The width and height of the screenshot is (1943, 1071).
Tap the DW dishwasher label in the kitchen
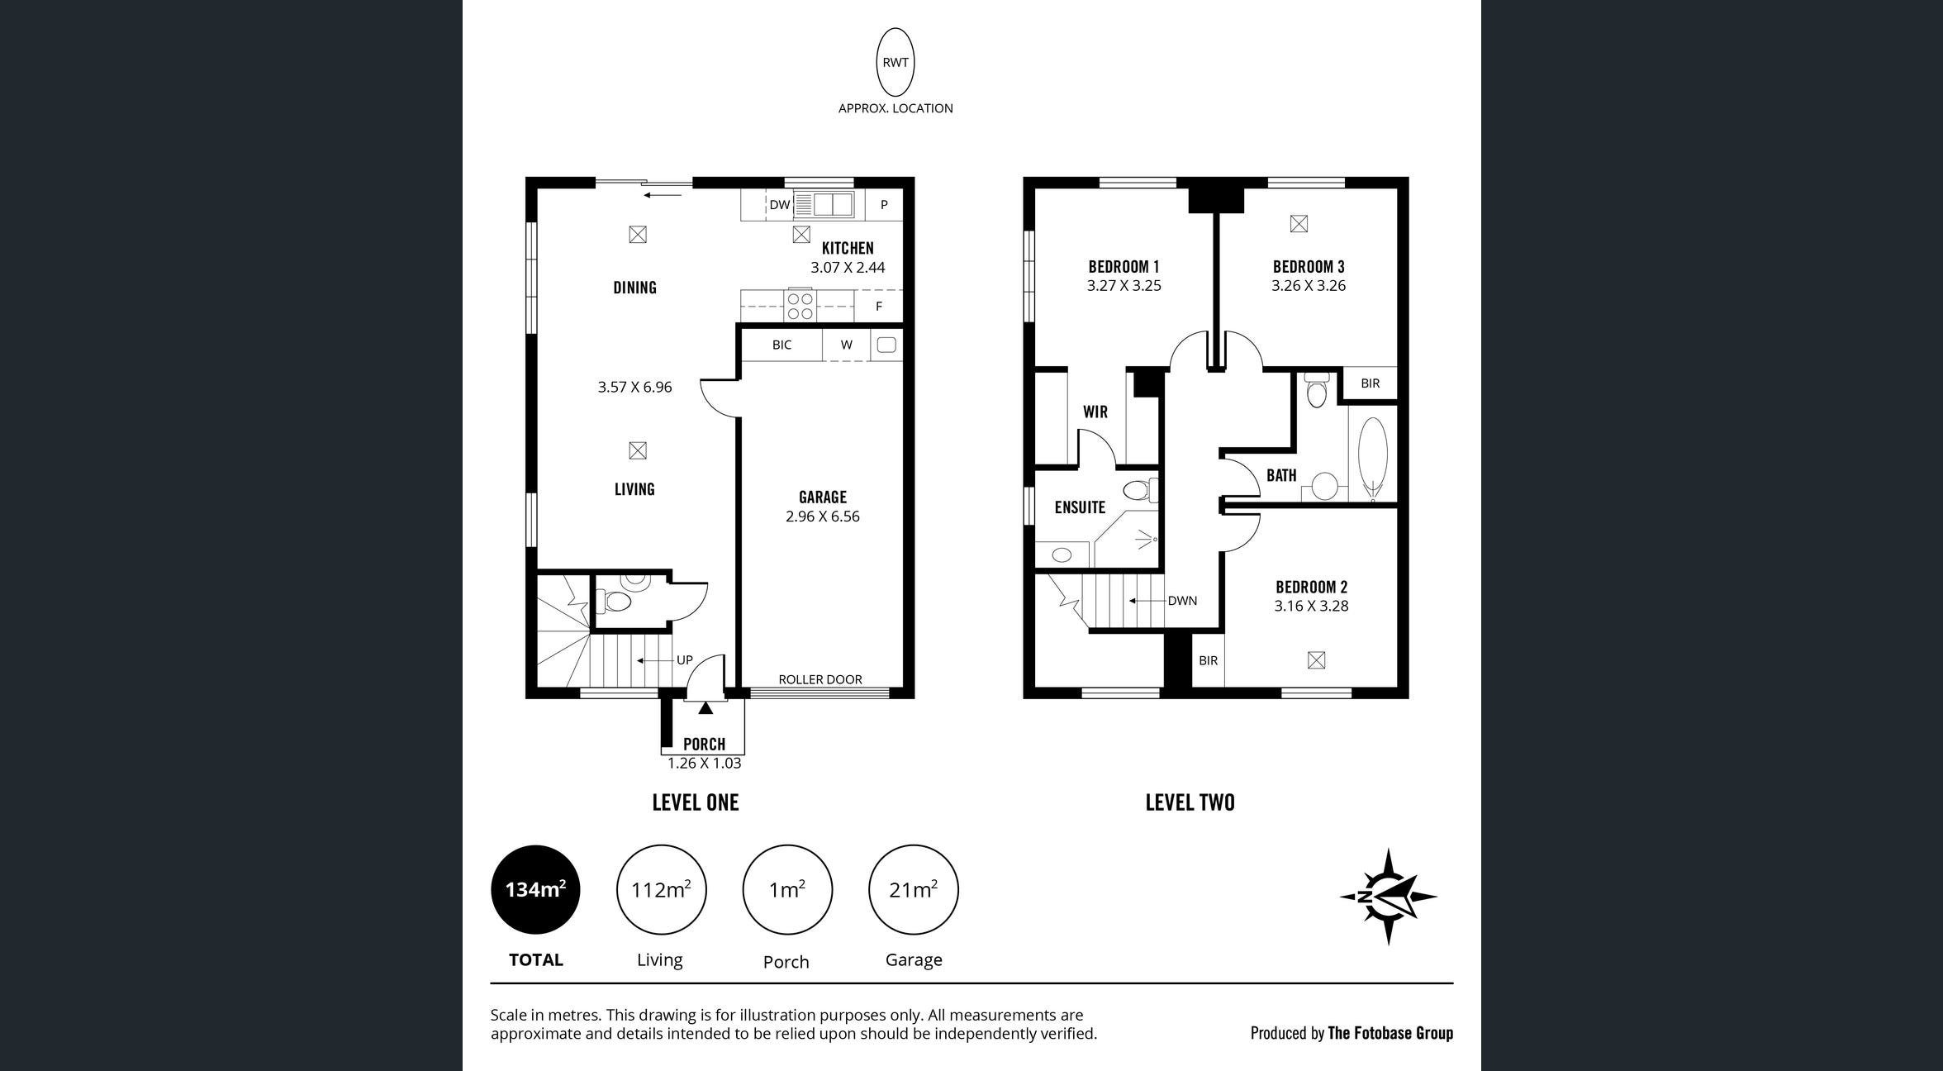tap(779, 204)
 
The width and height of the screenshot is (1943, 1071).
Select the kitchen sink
tap(824, 204)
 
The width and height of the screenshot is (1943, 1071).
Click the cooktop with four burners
tap(800, 306)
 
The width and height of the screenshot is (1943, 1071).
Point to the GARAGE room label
tap(822, 497)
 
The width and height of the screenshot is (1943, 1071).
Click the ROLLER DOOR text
tap(820, 679)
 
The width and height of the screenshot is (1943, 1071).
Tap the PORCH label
tap(704, 744)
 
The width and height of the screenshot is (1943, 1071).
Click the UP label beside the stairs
tap(685, 660)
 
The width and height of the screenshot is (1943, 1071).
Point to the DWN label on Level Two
tap(1182, 601)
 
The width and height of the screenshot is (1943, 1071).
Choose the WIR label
tap(1095, 412)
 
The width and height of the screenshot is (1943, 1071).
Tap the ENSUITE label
tap(1080, 507)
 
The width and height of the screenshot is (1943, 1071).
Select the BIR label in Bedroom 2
tap(1208, 660)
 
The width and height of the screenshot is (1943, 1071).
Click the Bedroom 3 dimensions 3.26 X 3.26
tap(1309, 286)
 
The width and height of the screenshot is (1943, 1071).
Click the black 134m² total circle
tap(535, 890)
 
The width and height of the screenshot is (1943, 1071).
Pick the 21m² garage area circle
tap(913, 890)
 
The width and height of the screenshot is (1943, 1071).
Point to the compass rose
tap(1389, 897)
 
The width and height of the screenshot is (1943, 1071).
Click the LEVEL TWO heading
tap(1190, 802)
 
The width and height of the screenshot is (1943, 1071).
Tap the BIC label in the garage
tap(781, 345)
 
